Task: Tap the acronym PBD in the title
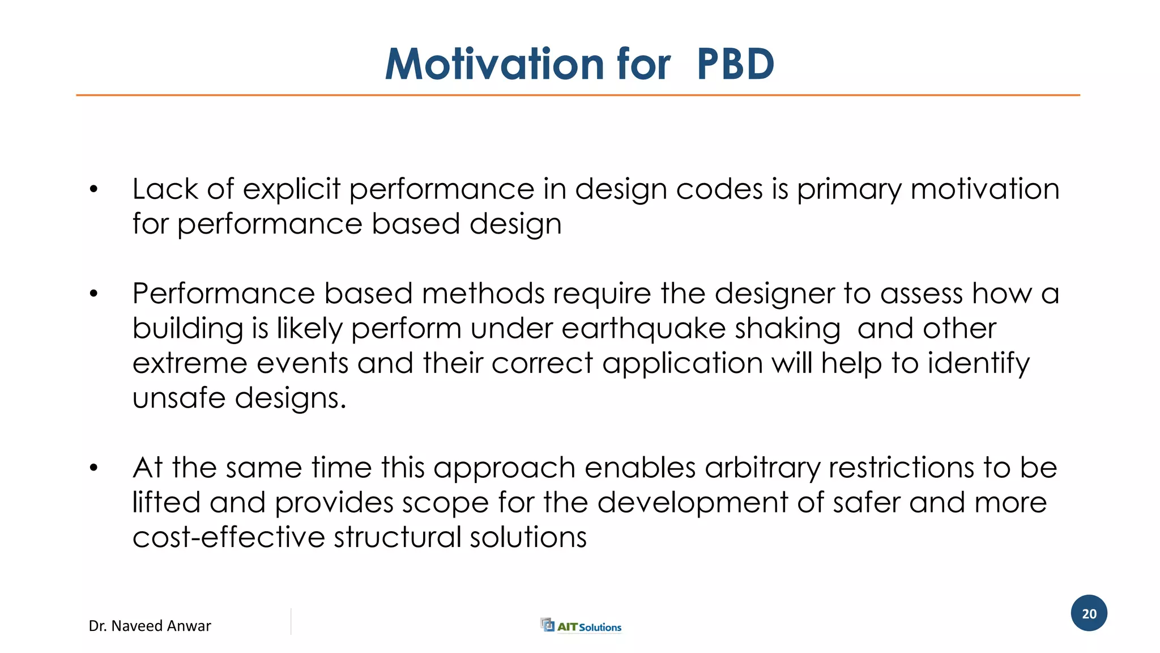pos(735,64)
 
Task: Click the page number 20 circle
pos(1089,613)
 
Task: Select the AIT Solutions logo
pos(581,626)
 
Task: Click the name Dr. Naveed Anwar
pos(150,626)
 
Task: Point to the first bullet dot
pos(94,189)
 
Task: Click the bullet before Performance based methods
pos(94,294)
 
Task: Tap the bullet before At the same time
pos(94,468)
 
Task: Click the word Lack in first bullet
pos(165,189)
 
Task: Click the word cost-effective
pos(228,537)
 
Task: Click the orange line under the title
pos(578,95)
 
